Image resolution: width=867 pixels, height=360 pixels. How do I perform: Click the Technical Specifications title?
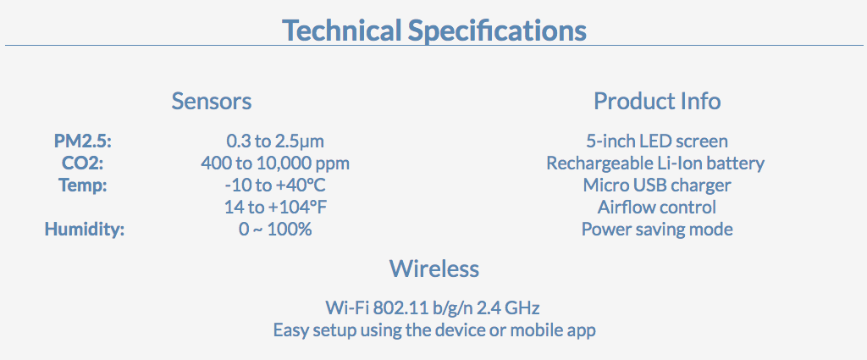[434, 30]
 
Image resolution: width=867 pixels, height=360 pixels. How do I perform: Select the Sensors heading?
[212, 101]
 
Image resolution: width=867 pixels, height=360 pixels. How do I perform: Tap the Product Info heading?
[657, 101]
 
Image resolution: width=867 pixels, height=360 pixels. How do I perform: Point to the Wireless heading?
[434, 269]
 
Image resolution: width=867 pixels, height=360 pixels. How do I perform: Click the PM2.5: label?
[83, 141]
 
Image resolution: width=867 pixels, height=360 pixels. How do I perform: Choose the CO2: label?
[83, 163]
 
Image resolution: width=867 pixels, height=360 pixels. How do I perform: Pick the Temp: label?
[83, 186]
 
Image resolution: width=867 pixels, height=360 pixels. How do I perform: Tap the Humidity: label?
[85, 230]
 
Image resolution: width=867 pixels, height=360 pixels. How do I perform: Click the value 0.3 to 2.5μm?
[275, 141]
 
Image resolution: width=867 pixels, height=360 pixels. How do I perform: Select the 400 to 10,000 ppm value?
[275, 163]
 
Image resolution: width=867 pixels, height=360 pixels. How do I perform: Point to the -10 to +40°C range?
[275, 186]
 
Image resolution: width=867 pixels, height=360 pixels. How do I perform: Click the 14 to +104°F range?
[275, 208]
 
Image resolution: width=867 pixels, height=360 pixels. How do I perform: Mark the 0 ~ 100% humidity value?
[275, 229]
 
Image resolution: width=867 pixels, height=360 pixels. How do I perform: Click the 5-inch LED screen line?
[657, 141]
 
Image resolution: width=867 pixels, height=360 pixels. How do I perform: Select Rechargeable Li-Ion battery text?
[656, 163]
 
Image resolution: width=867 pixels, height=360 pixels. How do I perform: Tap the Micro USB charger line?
[657, 186]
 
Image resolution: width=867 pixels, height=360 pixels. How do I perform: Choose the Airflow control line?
[657, 208]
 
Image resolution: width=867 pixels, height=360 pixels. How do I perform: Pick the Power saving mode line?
[657, 230]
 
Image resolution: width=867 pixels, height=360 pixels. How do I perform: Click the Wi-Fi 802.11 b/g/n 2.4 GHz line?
[433, 307]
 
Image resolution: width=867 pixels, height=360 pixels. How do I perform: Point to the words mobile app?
[552, 330]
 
